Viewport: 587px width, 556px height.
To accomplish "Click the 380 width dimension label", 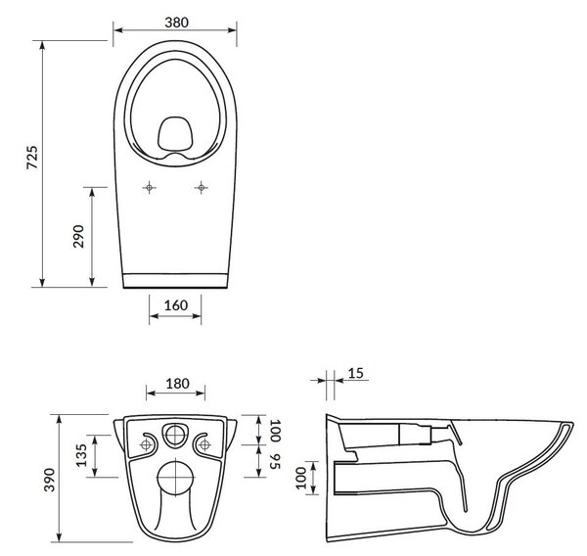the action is point(177,23).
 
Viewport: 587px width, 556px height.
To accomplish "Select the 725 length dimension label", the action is point(32,158).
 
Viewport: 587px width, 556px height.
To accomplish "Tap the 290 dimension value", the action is point(78,237).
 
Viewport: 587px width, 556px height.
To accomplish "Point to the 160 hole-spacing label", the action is point(176,305).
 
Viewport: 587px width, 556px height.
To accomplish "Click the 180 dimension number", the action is point(177,384).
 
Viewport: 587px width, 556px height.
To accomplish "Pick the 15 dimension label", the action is point(356,373).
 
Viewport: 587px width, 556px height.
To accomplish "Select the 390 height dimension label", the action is point(50,480).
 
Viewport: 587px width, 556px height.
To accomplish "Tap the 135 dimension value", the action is point(81,455).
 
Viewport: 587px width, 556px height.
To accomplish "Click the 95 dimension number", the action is point(275,462).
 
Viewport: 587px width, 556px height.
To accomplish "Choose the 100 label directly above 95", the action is point(275,431).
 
